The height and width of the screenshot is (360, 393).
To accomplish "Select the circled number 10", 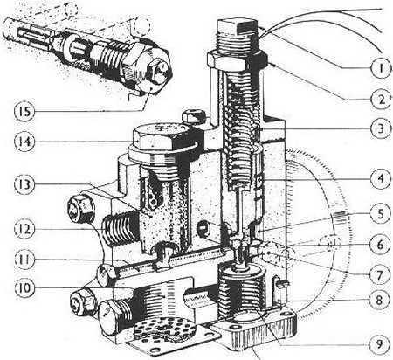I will pos(28,287).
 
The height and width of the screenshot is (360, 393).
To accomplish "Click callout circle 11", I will pos(28,260).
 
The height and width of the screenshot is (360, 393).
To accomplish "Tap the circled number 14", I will pos(28,139).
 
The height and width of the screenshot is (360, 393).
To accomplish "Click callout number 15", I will pos(28,110).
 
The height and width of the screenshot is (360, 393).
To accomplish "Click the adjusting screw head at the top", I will pos(238,31).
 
